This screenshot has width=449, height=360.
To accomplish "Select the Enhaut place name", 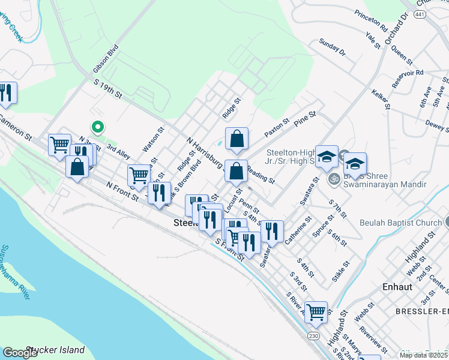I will coord(398,287).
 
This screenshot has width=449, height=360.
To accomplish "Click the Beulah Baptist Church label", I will coord(400,223).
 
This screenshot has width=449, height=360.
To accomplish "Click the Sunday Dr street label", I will coord(333,48).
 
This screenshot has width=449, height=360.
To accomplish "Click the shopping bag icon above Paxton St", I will coord(238,139).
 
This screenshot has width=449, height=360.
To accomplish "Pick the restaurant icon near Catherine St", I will coord(273,231).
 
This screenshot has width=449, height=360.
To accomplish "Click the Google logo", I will coord(20,353).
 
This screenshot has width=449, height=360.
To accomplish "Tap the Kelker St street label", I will coord(381,100).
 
